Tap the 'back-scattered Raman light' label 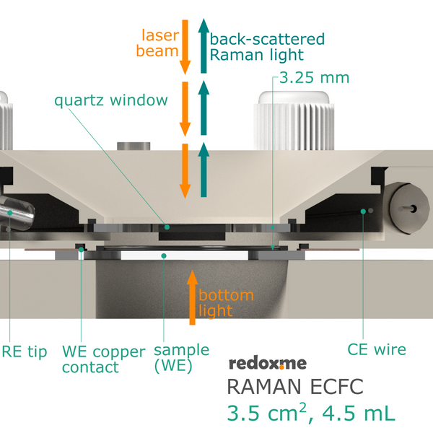coord(267,46)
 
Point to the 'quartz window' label coord(111,100)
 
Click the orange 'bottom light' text coord(226,303)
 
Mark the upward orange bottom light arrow coord(192,296)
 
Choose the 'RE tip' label coord(24,351)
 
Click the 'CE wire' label coord(376,350)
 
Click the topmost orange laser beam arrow coord(185,46)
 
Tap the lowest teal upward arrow coord(204,170)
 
